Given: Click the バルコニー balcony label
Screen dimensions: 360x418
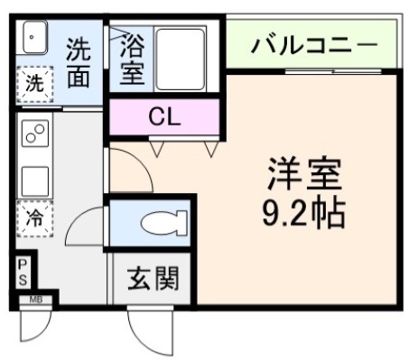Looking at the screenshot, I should coord(312,42).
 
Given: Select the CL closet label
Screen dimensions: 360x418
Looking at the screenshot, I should coord(164,115).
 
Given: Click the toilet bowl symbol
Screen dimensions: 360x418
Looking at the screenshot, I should coord(165,220).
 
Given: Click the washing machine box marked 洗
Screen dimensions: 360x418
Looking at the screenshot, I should coord(33,87).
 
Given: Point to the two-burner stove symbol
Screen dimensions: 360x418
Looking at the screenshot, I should coord(35,134).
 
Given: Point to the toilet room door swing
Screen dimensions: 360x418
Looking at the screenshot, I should coord(87,224).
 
